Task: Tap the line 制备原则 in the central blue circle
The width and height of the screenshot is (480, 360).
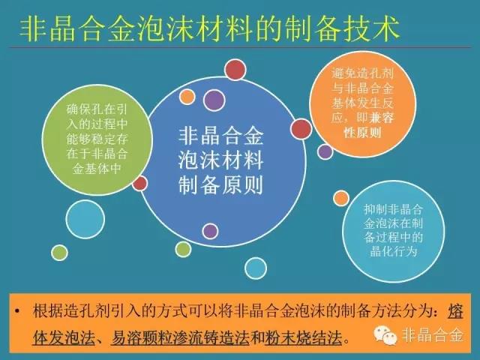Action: (220, 185)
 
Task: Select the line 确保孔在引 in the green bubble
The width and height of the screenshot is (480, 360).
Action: (97, 109)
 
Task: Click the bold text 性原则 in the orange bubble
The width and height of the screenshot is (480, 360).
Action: (363, 133)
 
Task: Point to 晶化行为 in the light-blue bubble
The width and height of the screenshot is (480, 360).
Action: (394, 252)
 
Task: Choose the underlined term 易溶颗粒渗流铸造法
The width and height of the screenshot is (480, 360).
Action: (180, 337)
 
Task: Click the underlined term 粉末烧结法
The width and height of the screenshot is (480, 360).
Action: (303, 337)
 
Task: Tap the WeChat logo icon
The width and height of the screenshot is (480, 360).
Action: (385, 335)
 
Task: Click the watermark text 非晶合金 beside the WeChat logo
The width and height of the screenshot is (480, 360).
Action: (432, 335)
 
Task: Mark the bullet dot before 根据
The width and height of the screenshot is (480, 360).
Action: (17, 311)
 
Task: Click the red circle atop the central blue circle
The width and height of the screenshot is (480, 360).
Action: (235, 70)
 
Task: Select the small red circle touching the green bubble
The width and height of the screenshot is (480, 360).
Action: (140, 183)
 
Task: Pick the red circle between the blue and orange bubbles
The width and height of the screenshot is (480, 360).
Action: (301, 129)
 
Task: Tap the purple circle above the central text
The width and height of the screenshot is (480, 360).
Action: (214, 100)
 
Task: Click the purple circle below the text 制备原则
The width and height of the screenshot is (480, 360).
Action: (210, 231)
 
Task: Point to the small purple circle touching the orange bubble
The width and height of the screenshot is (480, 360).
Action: (325, 151)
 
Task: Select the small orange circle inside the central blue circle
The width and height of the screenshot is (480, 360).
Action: (187, 97)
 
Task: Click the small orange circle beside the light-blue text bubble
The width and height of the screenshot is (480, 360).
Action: (341, 198)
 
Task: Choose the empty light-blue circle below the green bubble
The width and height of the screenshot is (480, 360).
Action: (85, 219)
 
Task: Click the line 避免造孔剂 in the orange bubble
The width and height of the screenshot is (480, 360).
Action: (363, 73)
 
